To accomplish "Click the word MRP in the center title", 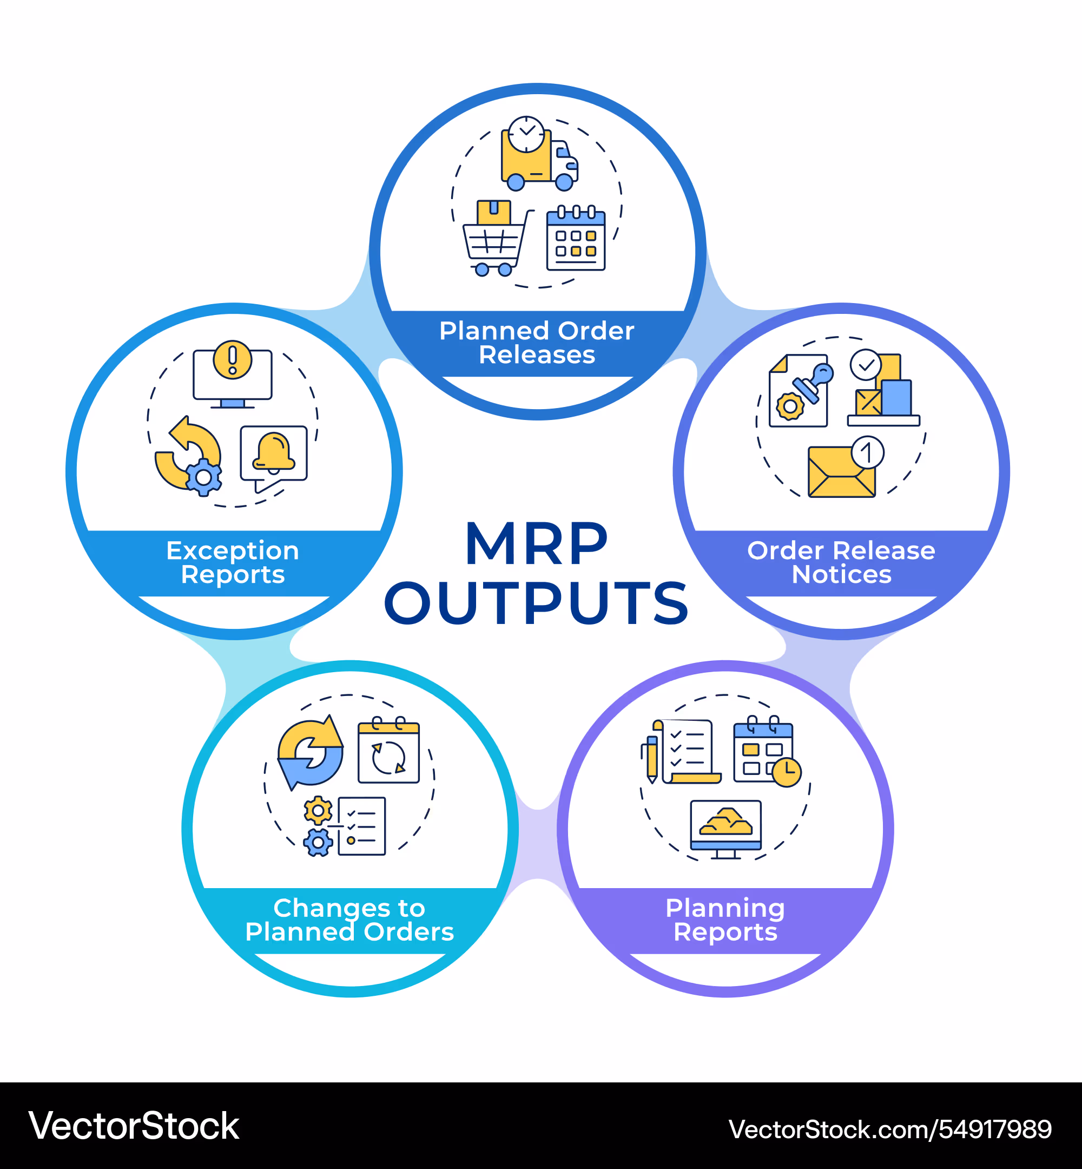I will [x=536, y=544].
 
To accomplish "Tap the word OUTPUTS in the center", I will [x=536, y=603].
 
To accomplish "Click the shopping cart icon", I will [x=494, y=246].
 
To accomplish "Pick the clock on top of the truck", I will [x=526, y=134].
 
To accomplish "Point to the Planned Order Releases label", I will [x=537, y=343].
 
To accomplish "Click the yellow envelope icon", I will [x=841, y=472].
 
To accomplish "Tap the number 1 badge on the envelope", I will [x=867, y=452].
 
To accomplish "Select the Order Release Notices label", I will [x=841, y=562].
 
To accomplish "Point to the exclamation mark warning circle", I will [x=233, y=359].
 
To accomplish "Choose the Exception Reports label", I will [x=233, y=562].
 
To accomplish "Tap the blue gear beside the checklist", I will [x=318, y=842].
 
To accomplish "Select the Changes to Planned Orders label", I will [x=349, y=920].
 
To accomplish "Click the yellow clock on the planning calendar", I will [x=786, y=772].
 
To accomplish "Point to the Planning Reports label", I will [x=725, y=920].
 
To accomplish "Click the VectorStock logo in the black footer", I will [x=134, y=1126].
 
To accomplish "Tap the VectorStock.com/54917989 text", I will [x=890, y=1129].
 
